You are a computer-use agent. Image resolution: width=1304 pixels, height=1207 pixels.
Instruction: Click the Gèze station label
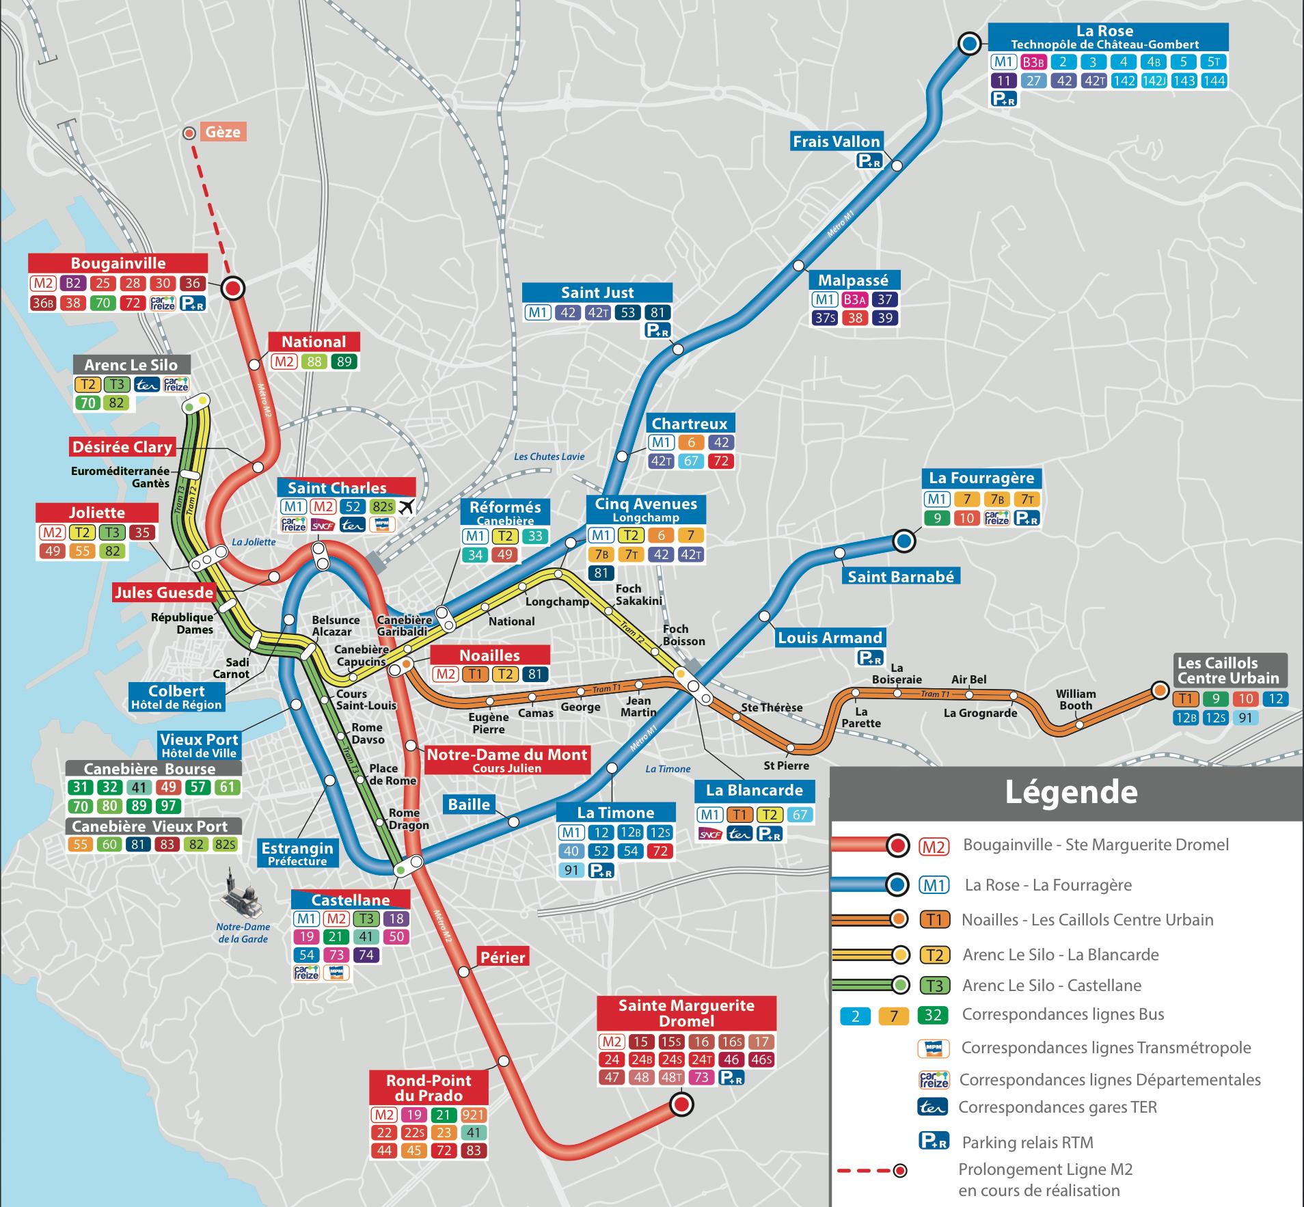[223, 131]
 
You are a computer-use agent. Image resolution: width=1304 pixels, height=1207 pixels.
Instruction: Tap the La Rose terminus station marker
[968, 44]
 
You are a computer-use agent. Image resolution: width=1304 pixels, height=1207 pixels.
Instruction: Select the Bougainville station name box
[118, 263]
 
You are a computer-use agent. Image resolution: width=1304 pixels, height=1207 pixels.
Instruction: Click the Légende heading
[1070, 792]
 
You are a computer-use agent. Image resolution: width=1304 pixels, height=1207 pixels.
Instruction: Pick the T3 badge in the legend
[934, 986]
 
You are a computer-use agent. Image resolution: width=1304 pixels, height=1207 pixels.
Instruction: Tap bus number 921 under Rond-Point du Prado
[473, 1115]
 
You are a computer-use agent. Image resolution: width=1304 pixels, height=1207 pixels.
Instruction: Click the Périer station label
[502, 958]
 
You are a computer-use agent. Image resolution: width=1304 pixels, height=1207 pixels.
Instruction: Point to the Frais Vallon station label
[836, 141]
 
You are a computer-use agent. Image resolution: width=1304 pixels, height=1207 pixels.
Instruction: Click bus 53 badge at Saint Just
[627, 312]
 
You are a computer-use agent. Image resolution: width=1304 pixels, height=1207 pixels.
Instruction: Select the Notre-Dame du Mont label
[506, 759]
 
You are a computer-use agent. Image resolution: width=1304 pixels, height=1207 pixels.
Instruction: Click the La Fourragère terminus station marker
[904, 541]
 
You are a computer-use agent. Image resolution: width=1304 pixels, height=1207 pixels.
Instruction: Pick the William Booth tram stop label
[1076, 699]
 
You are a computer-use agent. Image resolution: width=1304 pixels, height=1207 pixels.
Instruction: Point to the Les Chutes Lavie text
[549, 457]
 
